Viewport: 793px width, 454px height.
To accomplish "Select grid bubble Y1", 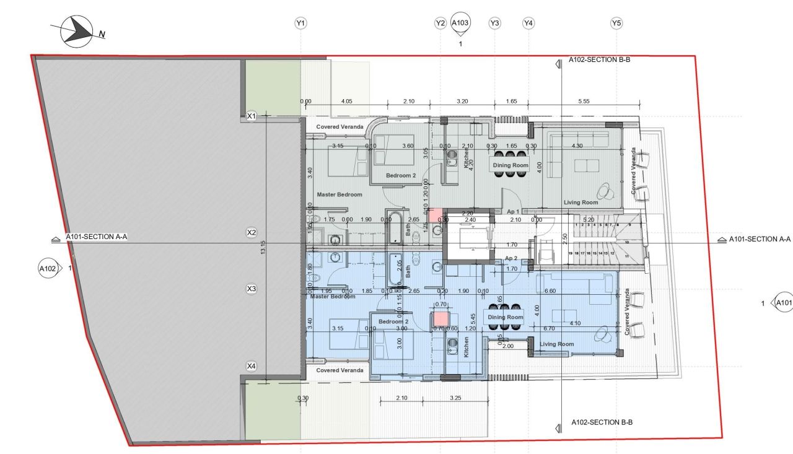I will tap(300, 24).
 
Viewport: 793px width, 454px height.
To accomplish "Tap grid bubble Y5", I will tap(616, 24).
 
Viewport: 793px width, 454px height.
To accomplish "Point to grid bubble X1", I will tap(251, 116).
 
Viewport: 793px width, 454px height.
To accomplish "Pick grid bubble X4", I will tap(251, 366).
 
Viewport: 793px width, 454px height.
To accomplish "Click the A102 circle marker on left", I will tap(48, 268).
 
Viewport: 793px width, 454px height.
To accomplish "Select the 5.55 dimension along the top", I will tap(583, 102).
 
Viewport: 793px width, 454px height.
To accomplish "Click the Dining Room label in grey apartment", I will tap(510, 165).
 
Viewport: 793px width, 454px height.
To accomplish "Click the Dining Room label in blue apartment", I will tap(506, 317).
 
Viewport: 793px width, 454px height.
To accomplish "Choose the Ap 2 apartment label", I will tap(510, 258).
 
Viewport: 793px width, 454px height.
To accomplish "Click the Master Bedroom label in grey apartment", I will tap(340, 194).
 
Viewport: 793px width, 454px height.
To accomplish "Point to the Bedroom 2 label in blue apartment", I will tap(393, 321).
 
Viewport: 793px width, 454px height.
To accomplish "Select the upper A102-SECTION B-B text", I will tap(599, 61).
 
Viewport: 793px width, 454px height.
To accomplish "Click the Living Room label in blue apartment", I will tap(557, 344).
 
